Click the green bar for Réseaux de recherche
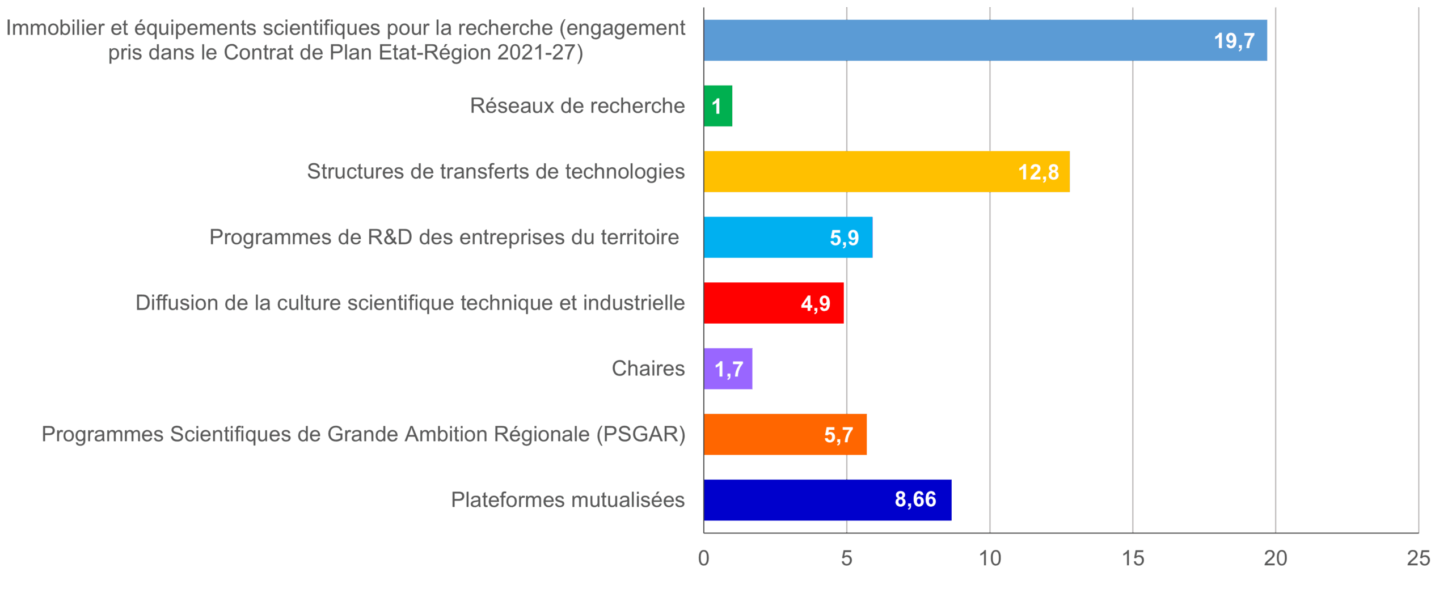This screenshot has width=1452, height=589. click(718, 106)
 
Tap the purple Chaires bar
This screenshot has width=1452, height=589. click(728, 369)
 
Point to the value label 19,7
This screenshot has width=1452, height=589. click(1234, 41)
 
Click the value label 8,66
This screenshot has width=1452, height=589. click(915, 499)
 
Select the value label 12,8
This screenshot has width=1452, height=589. click(1038, 172)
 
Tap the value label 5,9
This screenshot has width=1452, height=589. click(844, 238)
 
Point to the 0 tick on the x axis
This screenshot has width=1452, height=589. click(703, 559)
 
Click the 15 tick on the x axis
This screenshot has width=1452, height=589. click(1133, 559)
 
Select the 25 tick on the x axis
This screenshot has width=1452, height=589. click(1418, 559)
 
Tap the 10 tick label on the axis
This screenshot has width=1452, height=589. click(990, 559)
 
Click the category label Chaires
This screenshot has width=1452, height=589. click(648, 369)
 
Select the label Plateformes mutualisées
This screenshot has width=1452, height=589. click(568, 500)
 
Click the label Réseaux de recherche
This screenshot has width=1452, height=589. click(577, 106)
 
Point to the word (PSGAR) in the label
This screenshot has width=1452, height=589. click(640, 434)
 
